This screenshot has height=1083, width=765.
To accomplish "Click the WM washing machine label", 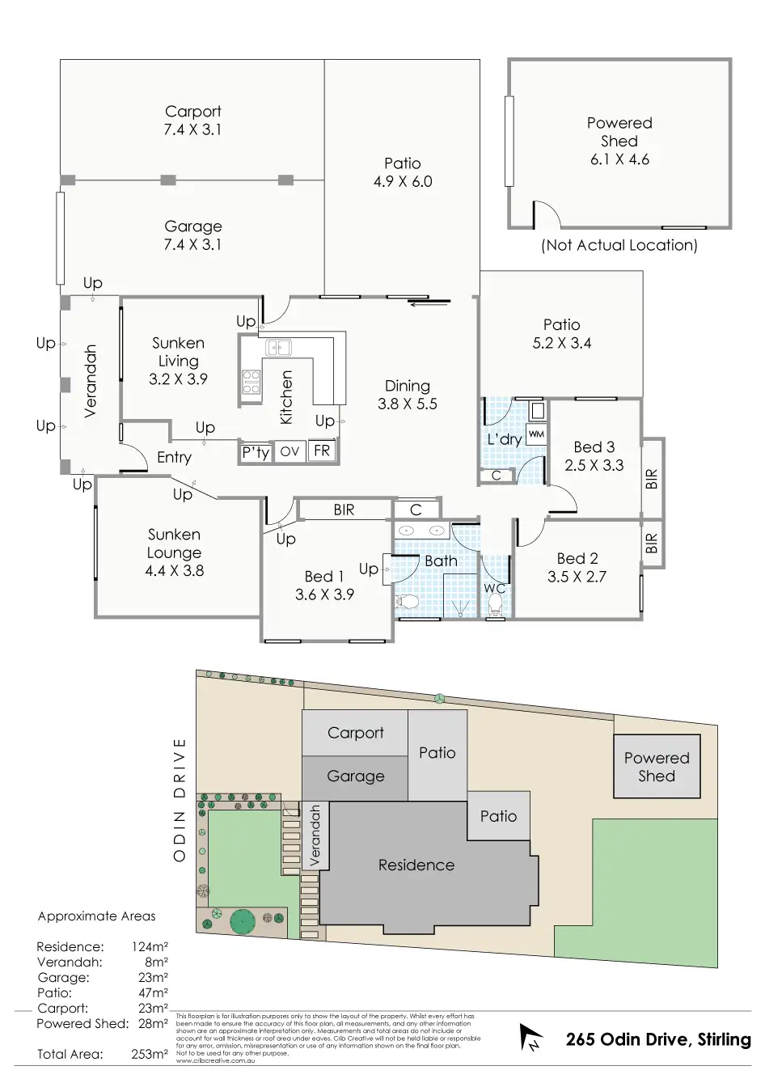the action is (x=536, y=434).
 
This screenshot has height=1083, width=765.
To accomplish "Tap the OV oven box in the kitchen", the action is (x=290, y=452).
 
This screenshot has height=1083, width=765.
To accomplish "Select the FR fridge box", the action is (x=322, y=451).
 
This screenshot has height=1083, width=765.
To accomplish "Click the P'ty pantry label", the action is (x=256, y=452).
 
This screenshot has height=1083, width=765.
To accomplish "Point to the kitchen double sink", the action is (x=279, y=349).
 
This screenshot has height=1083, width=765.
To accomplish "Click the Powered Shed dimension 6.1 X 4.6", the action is (x=619, y=159).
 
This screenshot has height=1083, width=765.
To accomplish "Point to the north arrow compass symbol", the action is (x=530, y=1038).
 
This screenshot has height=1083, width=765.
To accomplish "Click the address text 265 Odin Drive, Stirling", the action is (x=658, y=1039).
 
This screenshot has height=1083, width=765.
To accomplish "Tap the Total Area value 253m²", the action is (x=150, y=1054).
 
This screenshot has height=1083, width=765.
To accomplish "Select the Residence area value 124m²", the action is (x=150, y=946).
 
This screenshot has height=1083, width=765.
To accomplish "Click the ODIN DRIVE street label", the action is (x=180, y=799).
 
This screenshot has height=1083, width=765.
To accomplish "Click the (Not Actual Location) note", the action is (x=619, y=245).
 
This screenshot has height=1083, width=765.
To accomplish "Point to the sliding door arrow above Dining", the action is (x=429, y=304).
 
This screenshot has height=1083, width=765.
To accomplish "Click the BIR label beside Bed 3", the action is (x=653, y=479).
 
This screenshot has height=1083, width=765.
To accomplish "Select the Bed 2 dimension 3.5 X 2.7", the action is (x=577, y=577).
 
